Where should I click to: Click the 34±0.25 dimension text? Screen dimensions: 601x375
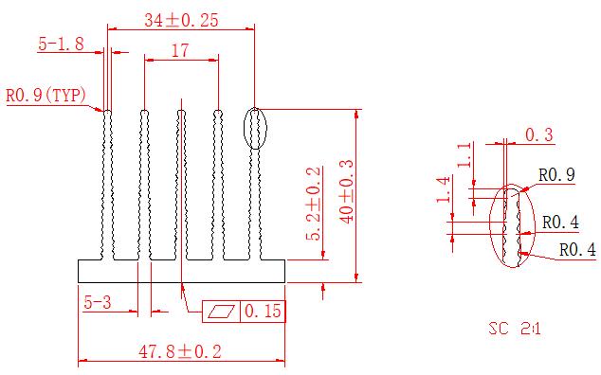pos(181,20)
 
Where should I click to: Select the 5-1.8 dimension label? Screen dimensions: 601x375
pos(61,44)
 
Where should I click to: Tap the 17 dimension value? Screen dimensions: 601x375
pos(180,50)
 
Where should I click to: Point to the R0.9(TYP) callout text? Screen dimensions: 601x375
pos(46,96)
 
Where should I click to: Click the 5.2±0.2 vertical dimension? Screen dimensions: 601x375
pos(313,204)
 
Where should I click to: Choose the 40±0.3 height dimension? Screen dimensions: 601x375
pos(347,191)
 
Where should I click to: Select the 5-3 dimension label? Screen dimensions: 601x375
pos(98,303)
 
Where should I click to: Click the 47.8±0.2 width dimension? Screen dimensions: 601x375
pos(180,351)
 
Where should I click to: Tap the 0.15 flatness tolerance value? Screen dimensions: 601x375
pos(263,311)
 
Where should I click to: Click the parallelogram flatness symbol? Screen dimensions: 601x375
pos(221,311)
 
